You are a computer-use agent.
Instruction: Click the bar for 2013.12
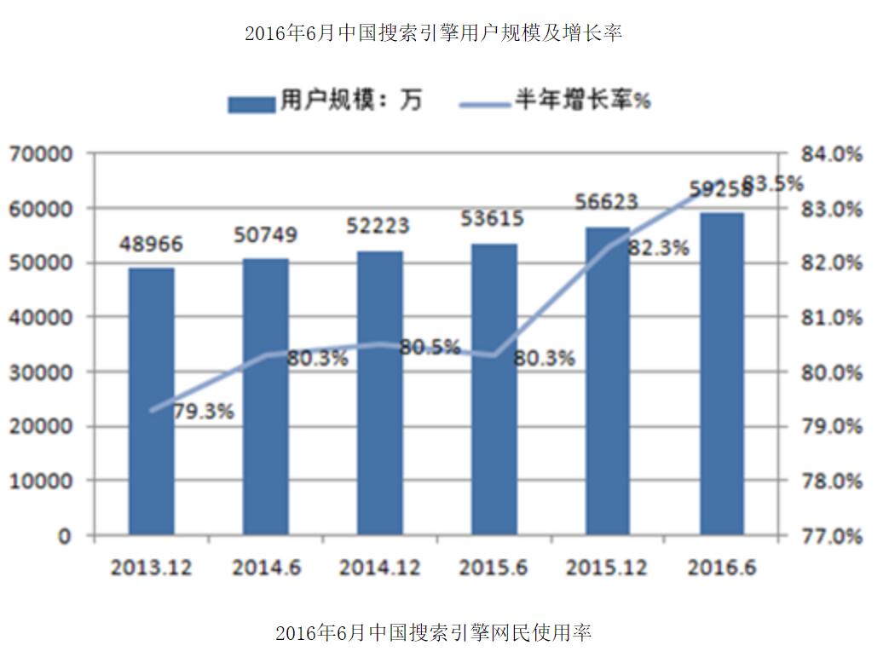point(151,401)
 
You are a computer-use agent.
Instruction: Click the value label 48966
point(151,245)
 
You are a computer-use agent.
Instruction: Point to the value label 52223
point(378,226)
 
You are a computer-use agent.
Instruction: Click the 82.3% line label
point(659,248)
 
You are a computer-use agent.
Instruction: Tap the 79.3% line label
point(203,412)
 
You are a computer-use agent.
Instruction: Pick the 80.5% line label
point(430,347)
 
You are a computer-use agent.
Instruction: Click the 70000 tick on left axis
point(41,154)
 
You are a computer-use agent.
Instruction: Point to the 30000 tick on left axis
point(41,372)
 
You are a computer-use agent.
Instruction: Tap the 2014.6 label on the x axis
point(265,568)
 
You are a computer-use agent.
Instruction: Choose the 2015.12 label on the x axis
point(607,568)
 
